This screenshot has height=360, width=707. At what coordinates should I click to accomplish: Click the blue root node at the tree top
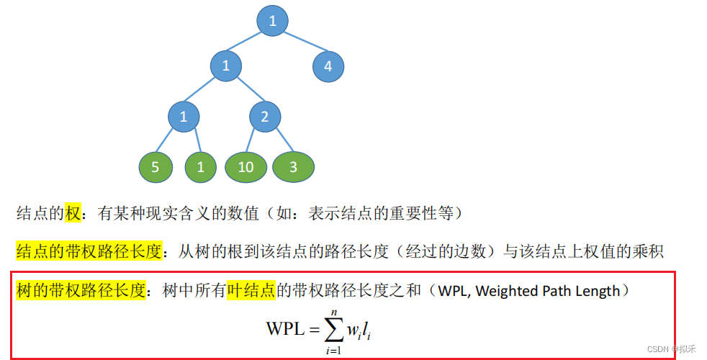click(x=272, y=22)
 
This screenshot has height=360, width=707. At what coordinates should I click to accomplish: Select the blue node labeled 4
click(x=328, y=67)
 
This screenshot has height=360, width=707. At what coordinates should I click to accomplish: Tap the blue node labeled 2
click(x=265, y=117)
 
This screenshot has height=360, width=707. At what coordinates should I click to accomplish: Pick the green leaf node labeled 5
click(x=156, y=167)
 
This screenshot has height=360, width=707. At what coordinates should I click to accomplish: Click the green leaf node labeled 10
click(x=246, y=167)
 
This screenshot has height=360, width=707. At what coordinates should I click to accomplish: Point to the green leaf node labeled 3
click(x=293, y=167)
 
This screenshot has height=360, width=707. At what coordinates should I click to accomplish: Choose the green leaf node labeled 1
click(x=201, y=167)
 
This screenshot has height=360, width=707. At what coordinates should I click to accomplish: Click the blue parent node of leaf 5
click(x=184, y=117)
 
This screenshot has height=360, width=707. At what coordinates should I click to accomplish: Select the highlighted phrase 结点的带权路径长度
click(x=81, y=252)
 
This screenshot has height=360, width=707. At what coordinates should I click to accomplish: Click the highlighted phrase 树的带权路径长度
click(x=81, y=291)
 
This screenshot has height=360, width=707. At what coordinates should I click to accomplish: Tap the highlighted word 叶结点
click(x=252, y=291)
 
